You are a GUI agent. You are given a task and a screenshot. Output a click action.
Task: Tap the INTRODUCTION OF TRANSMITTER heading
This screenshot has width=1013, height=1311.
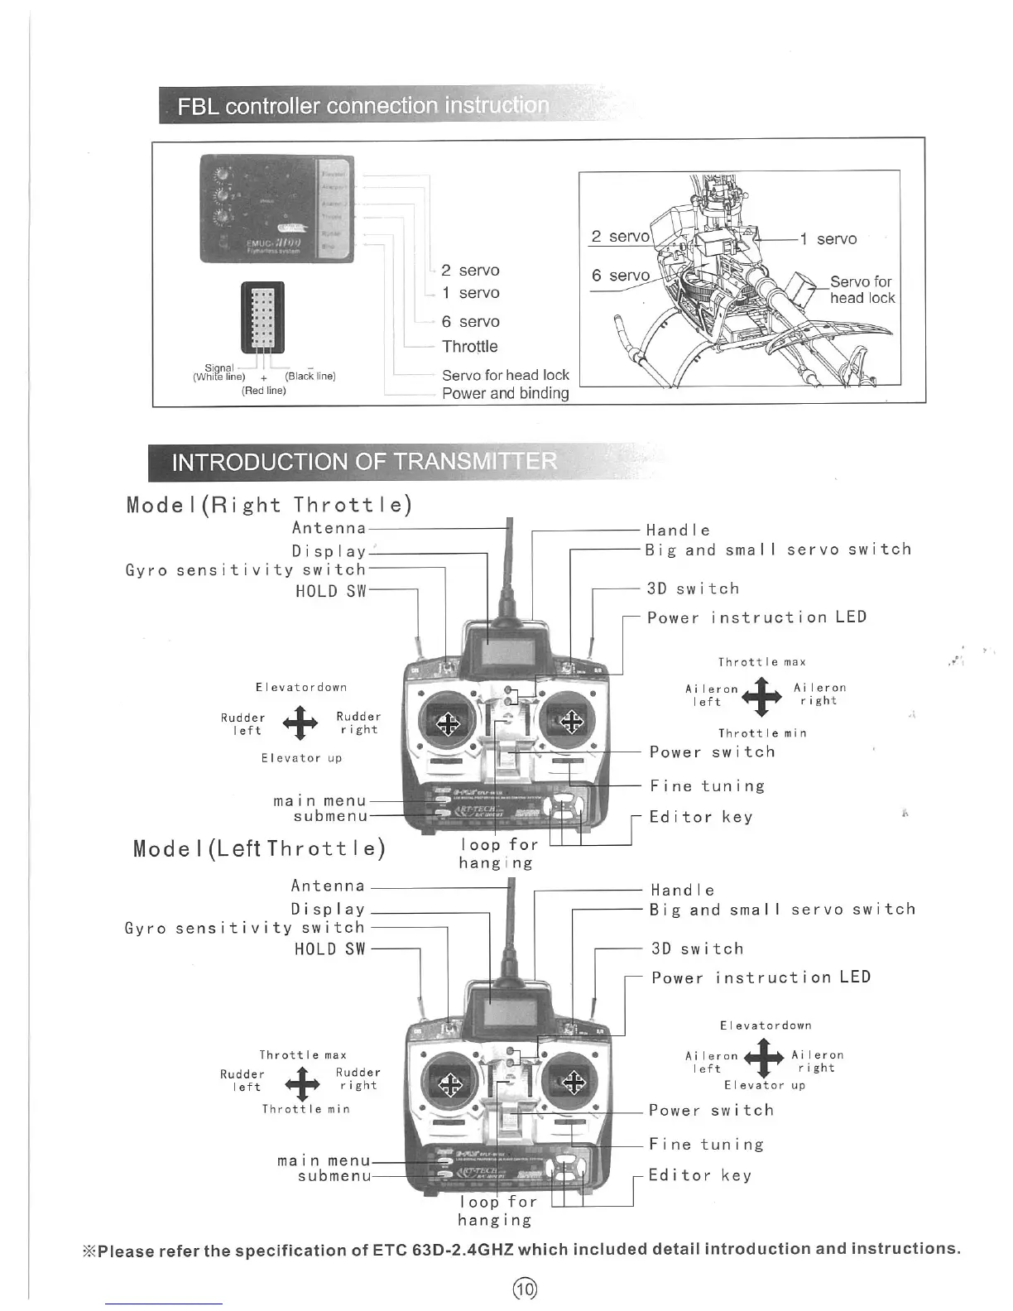pyautogui.click(x=364, y=461)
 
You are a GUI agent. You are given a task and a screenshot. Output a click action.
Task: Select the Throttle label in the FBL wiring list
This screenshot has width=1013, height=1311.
pyautogui.click(x=469, y=346)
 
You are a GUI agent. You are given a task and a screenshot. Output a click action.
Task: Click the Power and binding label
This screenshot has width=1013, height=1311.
pyautogui.click(x=505, y=393)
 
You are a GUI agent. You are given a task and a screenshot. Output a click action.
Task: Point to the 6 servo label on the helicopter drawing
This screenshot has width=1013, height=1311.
pyautogui.click(x=620, y=276)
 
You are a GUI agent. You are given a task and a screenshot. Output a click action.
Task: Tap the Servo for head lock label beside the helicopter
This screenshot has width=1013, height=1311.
pyautogui.click(x=862, y=290)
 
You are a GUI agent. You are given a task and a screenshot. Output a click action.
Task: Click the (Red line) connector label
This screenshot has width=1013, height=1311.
pyautogui.click(x=263, y=391)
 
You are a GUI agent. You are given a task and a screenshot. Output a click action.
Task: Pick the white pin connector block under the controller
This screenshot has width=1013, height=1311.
pyautogui.click(x=262, y=317)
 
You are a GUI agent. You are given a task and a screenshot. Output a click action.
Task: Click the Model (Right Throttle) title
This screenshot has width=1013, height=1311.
pyautogui.click(x=269, y=505)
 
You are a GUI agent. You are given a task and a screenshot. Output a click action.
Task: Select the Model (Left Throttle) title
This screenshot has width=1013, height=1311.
pyautogui.click(x=259, y=848)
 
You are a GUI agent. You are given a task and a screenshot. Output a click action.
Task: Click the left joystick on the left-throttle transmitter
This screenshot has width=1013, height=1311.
pyautogui.click(x=449, y=1082)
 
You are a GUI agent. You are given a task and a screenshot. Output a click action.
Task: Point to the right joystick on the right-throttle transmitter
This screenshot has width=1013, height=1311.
pyautogui.click(x=571, y=721)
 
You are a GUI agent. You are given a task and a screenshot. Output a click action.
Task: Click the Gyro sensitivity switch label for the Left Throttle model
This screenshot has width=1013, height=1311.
pyautogui.click(x=244, y=928)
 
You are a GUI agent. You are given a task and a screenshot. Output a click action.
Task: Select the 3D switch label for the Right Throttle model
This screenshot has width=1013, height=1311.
pyautogui.click(x=693, y=588)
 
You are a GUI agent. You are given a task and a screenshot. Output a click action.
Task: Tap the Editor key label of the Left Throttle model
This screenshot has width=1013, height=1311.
pyautogui.click(x=700, y=1175)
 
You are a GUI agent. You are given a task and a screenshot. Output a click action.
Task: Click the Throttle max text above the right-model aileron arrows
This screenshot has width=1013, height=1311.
pyautogui.click(x=761, y=662)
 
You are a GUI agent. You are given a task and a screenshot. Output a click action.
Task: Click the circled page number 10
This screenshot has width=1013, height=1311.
pyautogui.click(x=525, y=1288)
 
